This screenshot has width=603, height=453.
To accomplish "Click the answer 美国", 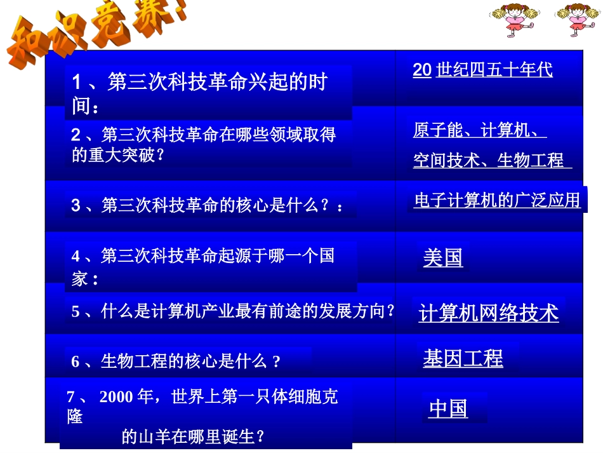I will [442, 258].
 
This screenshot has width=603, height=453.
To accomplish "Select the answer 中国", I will [448, 409].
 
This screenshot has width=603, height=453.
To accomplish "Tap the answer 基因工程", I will [463, 358].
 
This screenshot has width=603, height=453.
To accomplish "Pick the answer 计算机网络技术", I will [489, 313].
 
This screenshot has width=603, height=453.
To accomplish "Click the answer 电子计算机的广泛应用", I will [497, 201].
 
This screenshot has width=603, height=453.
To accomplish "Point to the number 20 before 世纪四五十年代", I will [422, 70].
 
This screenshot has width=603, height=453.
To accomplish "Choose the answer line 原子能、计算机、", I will [479, 131].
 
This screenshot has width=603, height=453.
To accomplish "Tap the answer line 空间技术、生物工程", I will [489, 160].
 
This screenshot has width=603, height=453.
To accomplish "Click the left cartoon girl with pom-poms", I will [515, 20].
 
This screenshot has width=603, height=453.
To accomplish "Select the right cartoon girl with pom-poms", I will [578, 20].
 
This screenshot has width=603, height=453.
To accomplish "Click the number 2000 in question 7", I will [116, 397].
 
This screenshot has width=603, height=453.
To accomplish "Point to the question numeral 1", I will [77, 83].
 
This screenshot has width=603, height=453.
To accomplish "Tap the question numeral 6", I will [76, 362].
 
